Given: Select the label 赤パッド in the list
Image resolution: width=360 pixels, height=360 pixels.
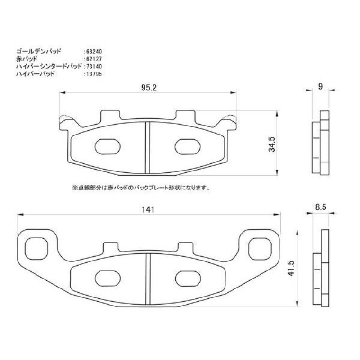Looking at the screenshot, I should tap(26, 59).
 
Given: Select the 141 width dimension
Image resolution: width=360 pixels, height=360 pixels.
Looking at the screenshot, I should tap(149, 209).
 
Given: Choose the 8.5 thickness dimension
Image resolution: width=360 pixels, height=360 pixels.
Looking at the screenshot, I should tap(321, 208).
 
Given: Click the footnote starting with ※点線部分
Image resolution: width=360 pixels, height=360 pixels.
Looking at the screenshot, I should tap(140, 188).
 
